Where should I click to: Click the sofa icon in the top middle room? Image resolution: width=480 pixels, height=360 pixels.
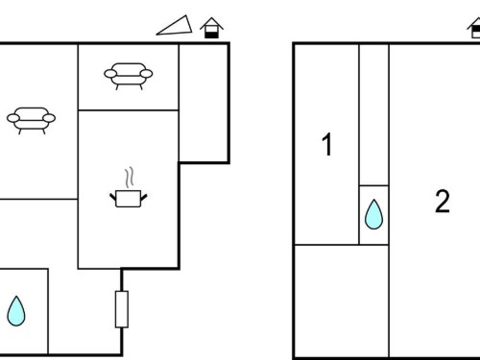129,76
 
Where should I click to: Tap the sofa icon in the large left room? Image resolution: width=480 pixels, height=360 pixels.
31,121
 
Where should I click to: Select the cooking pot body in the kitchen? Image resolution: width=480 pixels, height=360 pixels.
128,199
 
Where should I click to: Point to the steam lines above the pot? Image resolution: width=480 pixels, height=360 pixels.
129,178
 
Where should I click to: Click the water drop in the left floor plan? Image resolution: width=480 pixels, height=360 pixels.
16,311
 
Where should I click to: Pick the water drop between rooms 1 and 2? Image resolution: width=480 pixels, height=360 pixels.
373,214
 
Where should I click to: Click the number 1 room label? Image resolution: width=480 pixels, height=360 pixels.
326,145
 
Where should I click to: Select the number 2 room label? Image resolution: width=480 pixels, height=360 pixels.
443,202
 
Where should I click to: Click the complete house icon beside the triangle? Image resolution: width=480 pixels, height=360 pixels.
211,28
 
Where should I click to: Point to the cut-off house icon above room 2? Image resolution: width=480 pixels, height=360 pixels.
474,28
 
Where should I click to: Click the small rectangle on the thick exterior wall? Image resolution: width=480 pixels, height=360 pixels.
122,309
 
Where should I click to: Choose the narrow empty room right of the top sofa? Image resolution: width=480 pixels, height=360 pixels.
204,103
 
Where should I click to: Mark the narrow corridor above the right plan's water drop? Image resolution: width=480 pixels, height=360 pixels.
373,114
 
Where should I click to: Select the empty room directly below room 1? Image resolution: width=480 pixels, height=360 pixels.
342,300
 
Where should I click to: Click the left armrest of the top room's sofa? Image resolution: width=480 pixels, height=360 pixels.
110,74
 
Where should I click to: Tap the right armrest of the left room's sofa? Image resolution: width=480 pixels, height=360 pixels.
49,118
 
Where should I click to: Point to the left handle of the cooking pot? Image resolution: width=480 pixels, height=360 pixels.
112,197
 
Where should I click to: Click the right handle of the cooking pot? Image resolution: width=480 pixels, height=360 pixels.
144,197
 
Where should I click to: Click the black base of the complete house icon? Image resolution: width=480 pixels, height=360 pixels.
211,35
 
